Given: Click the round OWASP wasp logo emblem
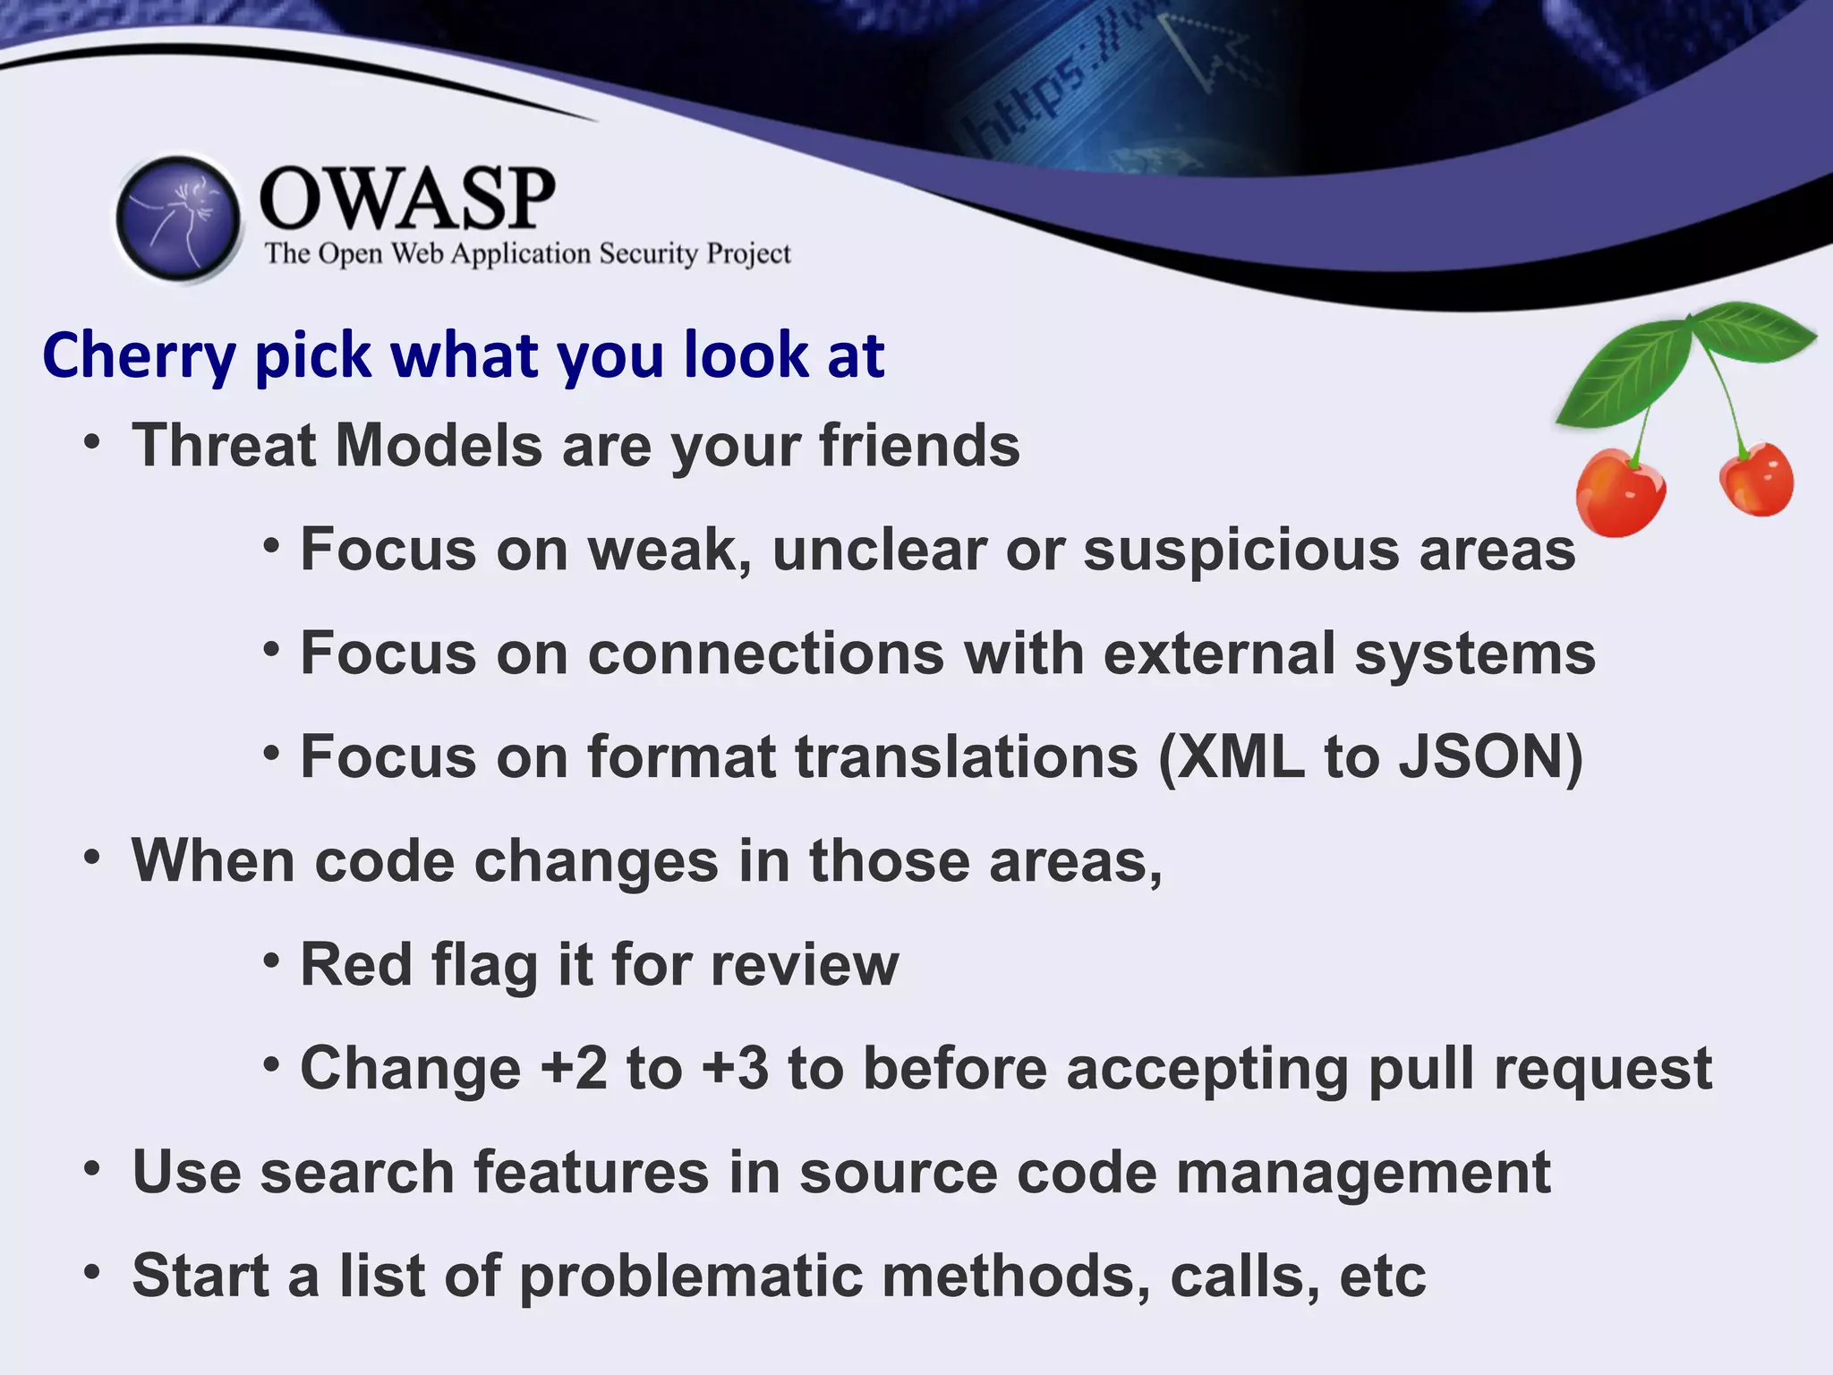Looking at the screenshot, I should point(179,218).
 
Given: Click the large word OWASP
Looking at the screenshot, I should point(407,199).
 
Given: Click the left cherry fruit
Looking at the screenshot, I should point(1620,494).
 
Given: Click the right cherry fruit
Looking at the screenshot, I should point(1757,481).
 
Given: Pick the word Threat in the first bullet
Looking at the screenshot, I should point(223,446).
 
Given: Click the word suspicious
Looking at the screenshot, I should point(1240,550).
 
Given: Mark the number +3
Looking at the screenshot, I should point(735,1069).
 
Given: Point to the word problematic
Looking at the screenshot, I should point(691,1277).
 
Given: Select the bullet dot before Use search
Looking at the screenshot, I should point(91,1169).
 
